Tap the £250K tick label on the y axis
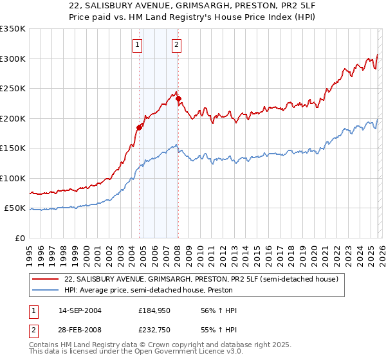coord(13,89)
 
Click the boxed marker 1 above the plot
coord(138,45)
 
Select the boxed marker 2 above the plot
coord(176,45)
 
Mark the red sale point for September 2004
coord(139,127)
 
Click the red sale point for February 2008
coord(179,99)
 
